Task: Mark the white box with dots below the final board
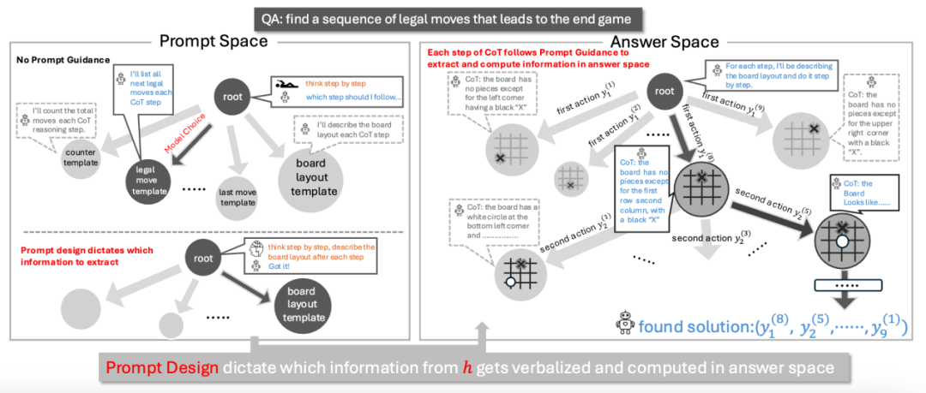(848, 283)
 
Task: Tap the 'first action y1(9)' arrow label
(736, 102)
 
